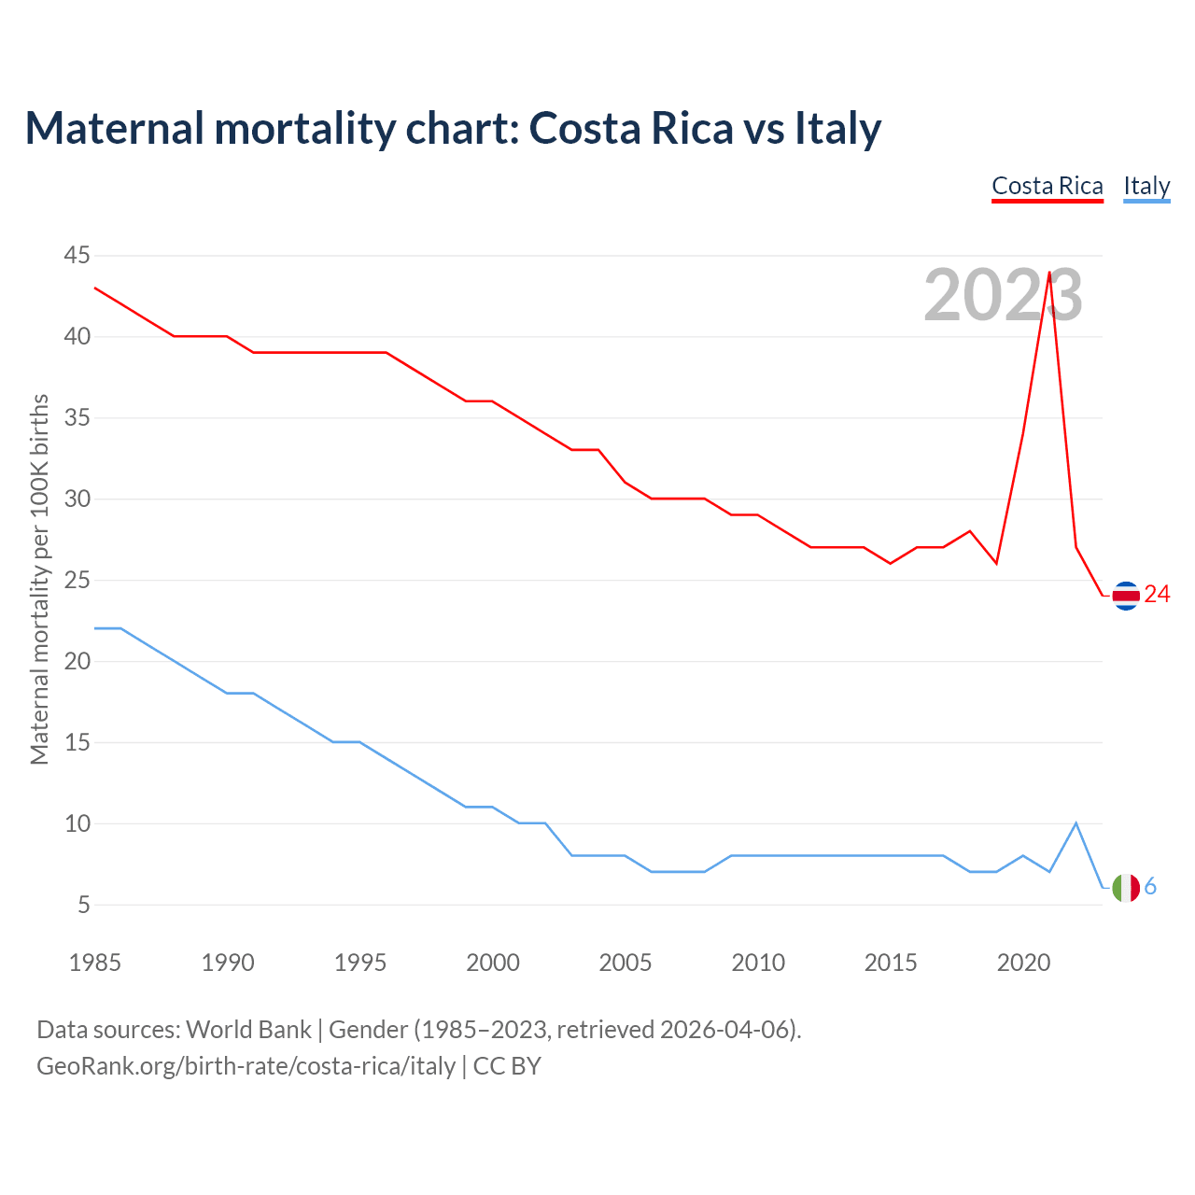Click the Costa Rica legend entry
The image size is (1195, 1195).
pos(1047,186)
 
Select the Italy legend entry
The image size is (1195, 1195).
pos(1146,186)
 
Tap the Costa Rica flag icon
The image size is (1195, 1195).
pos(1126,595)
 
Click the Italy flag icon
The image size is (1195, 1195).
pos(1126,887)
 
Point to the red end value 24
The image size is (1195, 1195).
pos(1158,595)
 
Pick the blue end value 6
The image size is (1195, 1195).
pos(1151,887)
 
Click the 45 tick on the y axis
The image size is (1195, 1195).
pos(77,255)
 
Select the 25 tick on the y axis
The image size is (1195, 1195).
pos(77,580)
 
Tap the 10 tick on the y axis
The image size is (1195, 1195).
pos(77,823)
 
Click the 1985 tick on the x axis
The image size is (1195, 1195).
pos(95,963)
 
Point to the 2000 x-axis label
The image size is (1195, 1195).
pos(493,963)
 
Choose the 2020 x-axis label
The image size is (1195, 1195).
pos(1023,963)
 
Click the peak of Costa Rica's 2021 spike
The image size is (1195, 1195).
pos(1049,273)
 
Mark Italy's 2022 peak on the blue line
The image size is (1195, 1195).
pos(1076,823)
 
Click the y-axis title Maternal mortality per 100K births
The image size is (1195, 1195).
pos(40,580)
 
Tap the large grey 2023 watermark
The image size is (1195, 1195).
pos(1003,295)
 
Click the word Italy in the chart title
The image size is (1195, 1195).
pos(837,129)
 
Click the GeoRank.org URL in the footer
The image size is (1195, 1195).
pos(246,1066)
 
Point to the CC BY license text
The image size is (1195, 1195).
pos(507,1066)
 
